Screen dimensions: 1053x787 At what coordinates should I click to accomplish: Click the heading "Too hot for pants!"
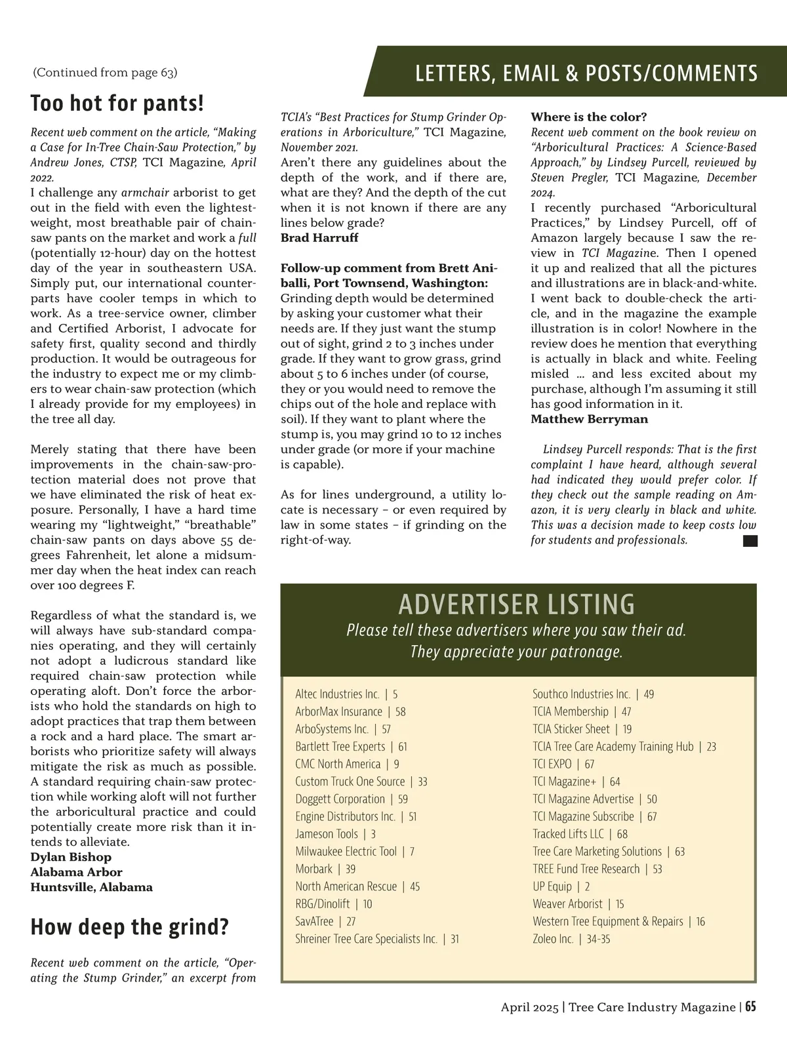pyautogui.click(x=117, y=103)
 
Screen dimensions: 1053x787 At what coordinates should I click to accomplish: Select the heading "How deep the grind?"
pyautogui.click(x=129, y=927)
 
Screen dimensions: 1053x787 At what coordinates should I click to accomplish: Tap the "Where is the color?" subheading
pyautogui.click(x=588, y=117)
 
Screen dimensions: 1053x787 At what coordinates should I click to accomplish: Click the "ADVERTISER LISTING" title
pyautogui.click(x=517, y=604)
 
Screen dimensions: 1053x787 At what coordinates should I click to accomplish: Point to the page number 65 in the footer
pyautogui.click(x=750, y=1007)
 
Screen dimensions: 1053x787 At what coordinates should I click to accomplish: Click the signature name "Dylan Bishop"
pyautogui.click(x=71, y=857)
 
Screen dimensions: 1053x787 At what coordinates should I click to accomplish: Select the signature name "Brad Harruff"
pyautogui.click(x=319, y=237)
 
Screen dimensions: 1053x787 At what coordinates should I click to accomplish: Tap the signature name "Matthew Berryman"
pyautogui.click(x=589, y=419)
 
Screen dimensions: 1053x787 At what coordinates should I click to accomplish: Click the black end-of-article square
pyautogui.click(x=750, y=541)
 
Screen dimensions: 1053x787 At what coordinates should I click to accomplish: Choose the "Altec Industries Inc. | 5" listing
pyautogui.click(x=346, y=694)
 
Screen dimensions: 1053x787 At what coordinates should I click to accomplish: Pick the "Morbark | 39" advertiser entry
pyautogui.click(x=325, y=869)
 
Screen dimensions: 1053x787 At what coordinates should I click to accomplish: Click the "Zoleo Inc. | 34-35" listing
pyautogui.click(x=571, y=939)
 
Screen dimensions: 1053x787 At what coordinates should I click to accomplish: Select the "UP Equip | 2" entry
pyautogui.click(x=561, y=886)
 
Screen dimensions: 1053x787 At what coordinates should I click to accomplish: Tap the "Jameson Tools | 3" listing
pyautogui.click(x=335, y=834)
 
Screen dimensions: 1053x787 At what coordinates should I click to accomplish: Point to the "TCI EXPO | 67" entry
pyautogui.click(x=563, y=764)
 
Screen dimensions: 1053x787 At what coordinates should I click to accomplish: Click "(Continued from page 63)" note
pyautogui.click(x=105, y=72)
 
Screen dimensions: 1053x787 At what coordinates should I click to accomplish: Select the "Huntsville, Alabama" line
pyautogui.click(x=91, y=887)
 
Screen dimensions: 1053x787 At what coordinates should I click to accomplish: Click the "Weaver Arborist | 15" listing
pyautogui.click(x=578, y=904)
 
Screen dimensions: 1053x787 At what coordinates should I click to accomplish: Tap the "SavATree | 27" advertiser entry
pyautogui.click(x=325, y=921)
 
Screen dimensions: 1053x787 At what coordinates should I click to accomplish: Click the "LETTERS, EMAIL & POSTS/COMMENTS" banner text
pyautogui.click(x=586, y=73)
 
